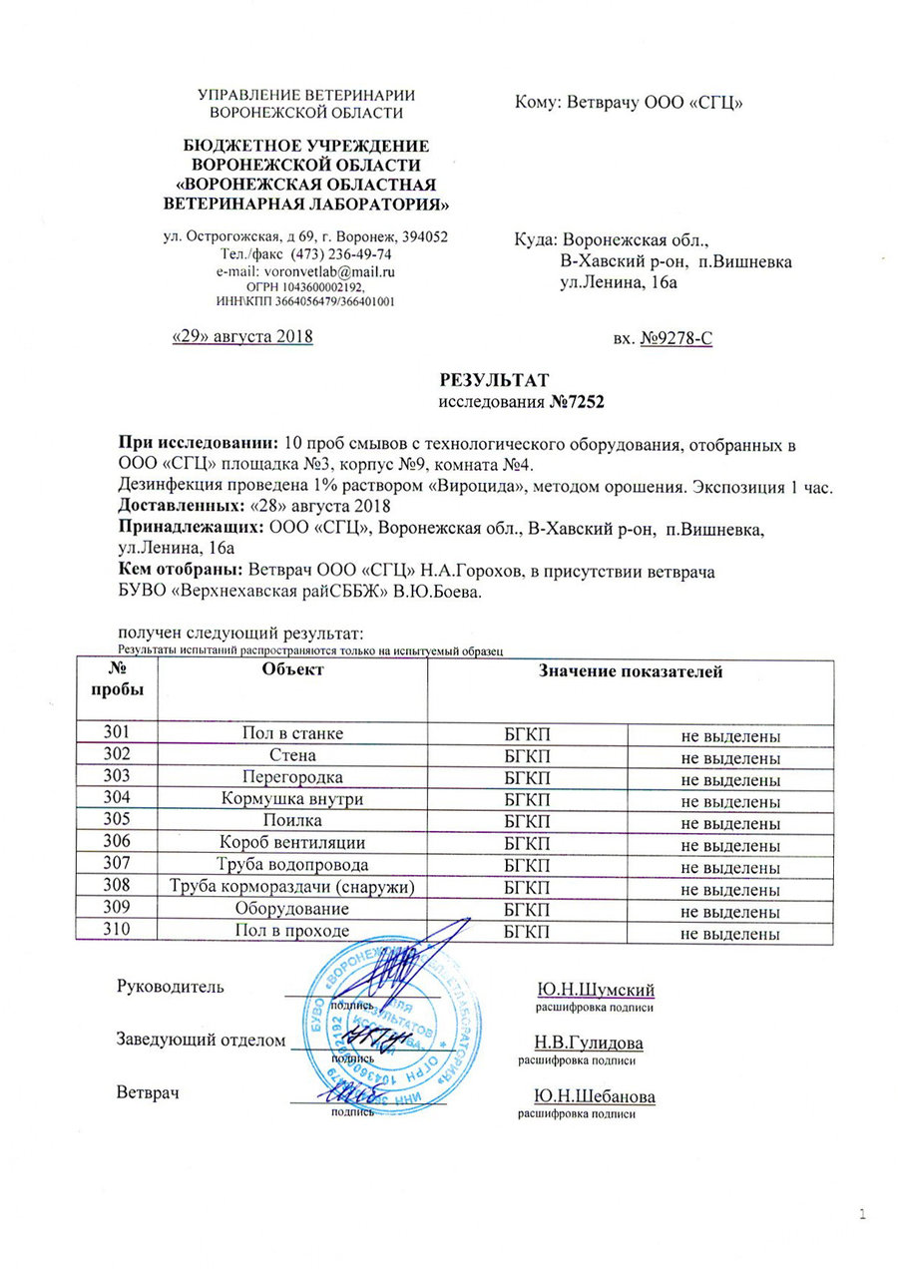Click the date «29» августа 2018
(243, 336)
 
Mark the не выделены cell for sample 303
(729, 780)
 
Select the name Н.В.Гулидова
(589, 1043)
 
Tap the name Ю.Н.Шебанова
(595, 1096)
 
